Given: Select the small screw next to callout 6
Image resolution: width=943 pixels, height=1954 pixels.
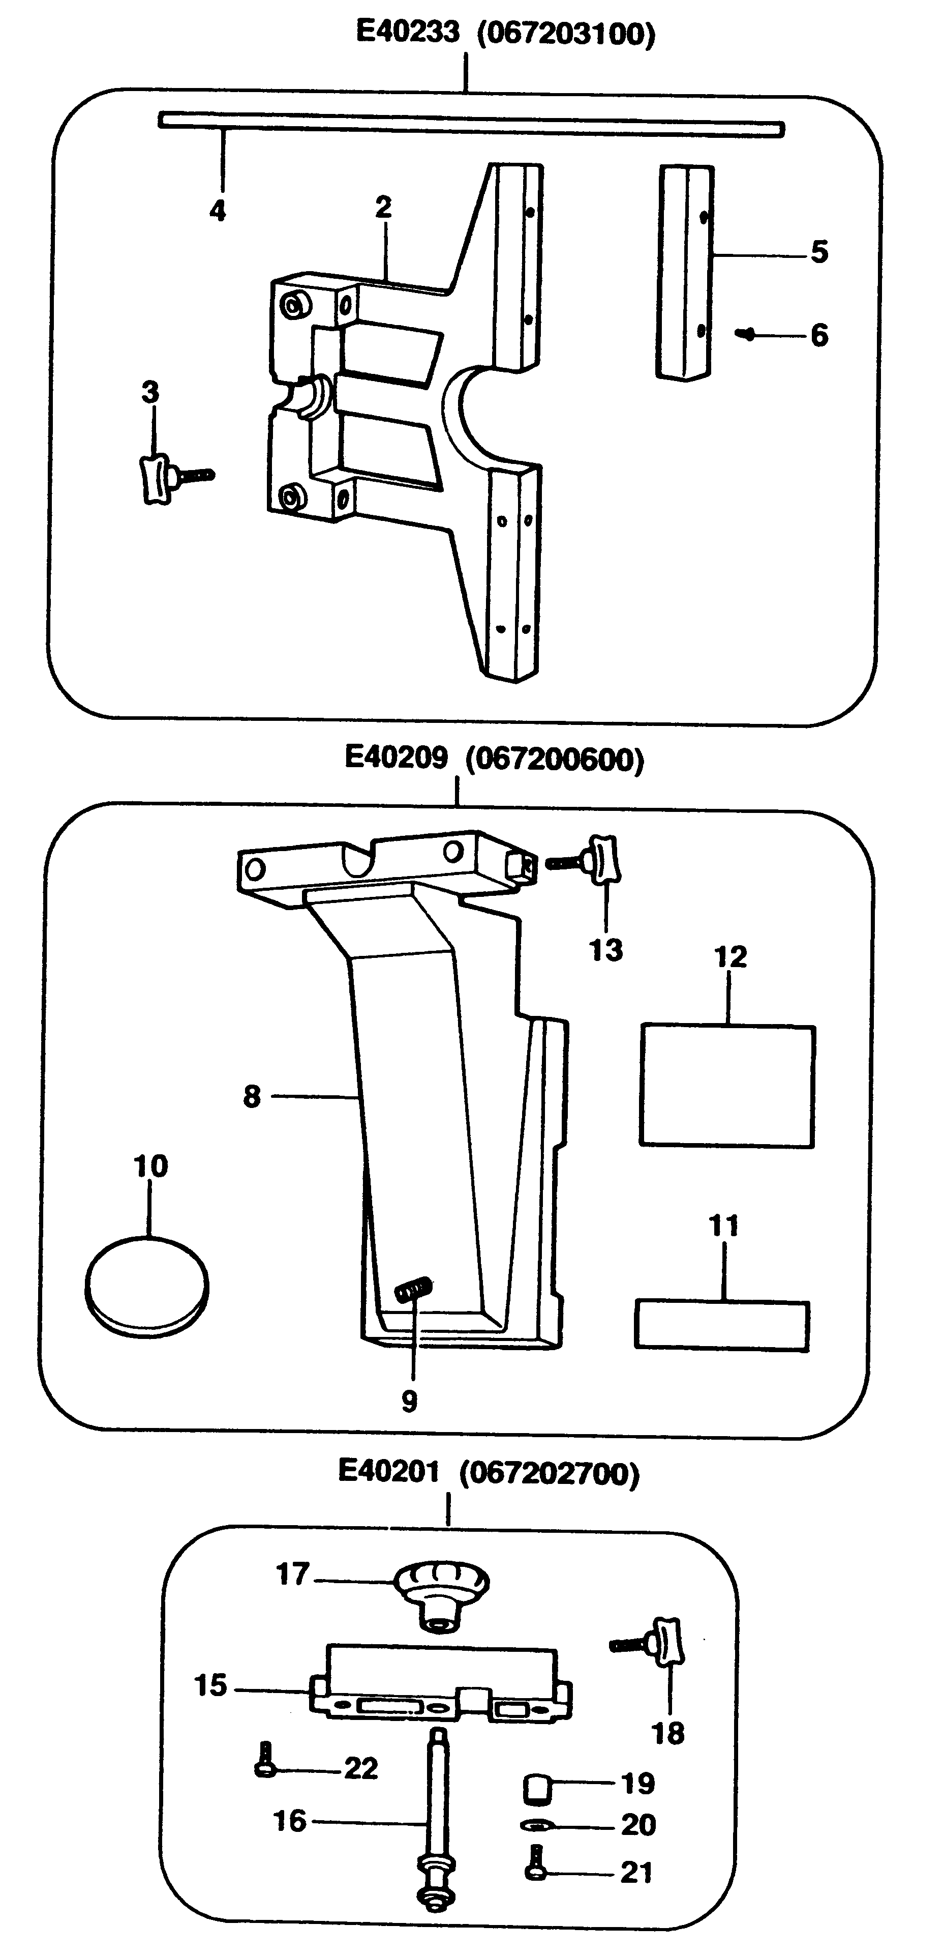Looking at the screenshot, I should click(x=747, y=334).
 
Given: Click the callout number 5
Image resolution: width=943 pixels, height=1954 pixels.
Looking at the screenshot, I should click(x=818, y=252).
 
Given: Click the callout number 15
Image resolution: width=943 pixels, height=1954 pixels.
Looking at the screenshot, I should click(x=210, y=1685).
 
